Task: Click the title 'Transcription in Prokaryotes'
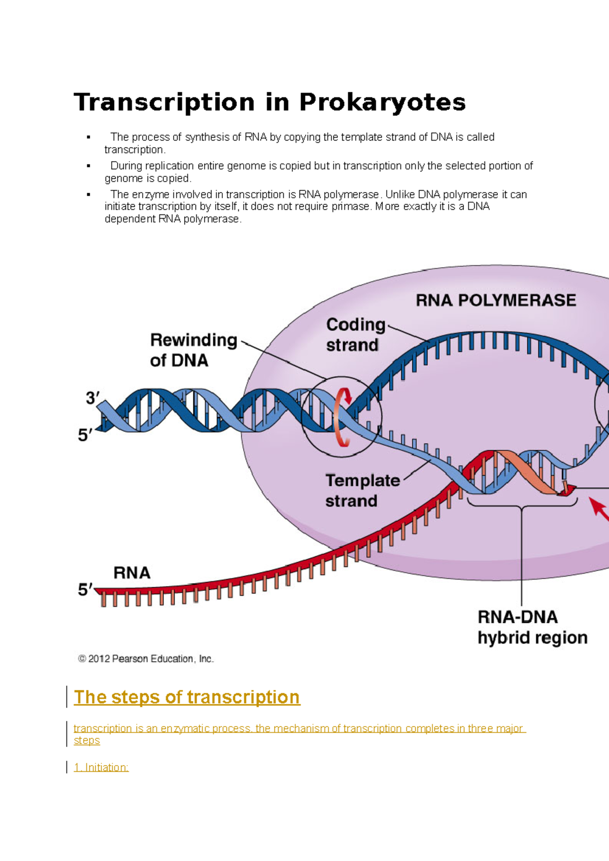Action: (x=269, y=102)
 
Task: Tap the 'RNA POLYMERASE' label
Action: (x=496, y=300)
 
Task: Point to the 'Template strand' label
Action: (x=362, y=490)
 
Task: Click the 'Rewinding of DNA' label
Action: (x=193, y=350)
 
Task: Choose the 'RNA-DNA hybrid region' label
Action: (x=532, y=627)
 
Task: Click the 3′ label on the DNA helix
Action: (x=92, y=399)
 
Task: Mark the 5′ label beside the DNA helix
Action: (x=85, y=435)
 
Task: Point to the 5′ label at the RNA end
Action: (x=85, y=590)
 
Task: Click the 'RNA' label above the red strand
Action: (x=132, y=573)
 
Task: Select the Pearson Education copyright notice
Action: (x=146, y=659)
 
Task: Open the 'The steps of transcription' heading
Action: (x=187, y=697)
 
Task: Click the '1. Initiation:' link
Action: (x=101, y=767)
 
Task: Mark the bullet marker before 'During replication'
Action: (x=89, y=166)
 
